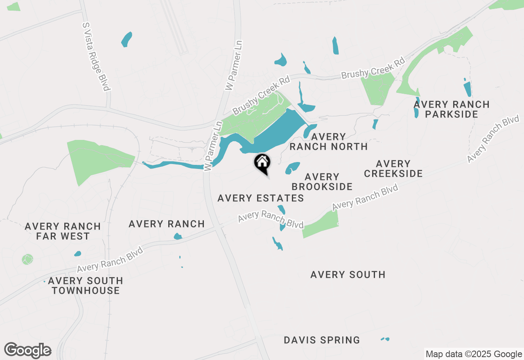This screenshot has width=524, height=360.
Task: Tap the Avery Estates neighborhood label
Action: [x=260, y=198]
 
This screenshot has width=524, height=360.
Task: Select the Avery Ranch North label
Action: [x=328, y=142]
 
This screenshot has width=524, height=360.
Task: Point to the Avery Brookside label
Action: [x=322, y=182]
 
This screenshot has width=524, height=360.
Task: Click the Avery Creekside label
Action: [x=393, y=169]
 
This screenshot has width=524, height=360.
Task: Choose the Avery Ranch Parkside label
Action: [x=451, y=109]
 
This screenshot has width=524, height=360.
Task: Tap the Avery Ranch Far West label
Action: [x=63, y=231]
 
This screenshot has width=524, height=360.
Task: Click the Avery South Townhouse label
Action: [x=86, y=286]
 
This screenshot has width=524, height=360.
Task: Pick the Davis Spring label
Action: [x=322, y=340]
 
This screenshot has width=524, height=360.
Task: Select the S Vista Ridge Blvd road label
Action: [x=97, y=56]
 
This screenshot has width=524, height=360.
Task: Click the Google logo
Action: [x=28, y=351]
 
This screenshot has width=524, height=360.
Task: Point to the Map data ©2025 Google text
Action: [x=474, y=354]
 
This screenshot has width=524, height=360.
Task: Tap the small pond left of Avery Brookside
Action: [x=292, y=167]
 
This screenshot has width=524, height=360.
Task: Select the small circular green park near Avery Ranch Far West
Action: [x=27, y=259]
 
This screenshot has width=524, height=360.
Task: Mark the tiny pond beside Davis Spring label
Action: [x=385, y=339]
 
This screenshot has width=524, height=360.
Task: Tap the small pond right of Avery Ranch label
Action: [x=178, y=236]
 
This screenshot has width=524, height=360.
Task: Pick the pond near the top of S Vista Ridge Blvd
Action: [x=127, y=39]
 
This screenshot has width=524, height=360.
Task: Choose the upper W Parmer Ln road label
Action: [x=234, y=65]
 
